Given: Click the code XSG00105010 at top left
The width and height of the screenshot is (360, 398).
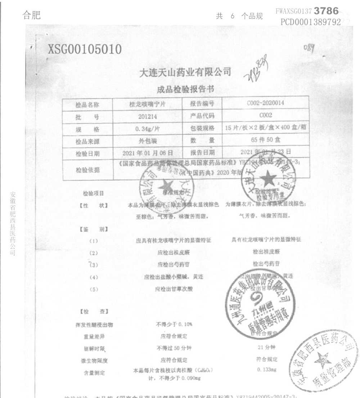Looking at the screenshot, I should (85, 49).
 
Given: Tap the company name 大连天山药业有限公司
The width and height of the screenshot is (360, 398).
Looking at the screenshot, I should (185, 72).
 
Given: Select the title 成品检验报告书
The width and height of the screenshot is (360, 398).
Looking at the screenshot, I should (185, 89).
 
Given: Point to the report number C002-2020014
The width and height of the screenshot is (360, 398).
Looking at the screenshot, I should (266, 103).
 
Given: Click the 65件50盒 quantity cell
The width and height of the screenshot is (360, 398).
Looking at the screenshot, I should (266, 141).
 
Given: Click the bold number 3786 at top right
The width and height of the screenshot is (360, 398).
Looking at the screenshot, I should (326, 11).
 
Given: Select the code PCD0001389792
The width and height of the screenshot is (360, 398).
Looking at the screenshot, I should (310, 22).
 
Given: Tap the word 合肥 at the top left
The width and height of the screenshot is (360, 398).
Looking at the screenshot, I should (32, 15).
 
